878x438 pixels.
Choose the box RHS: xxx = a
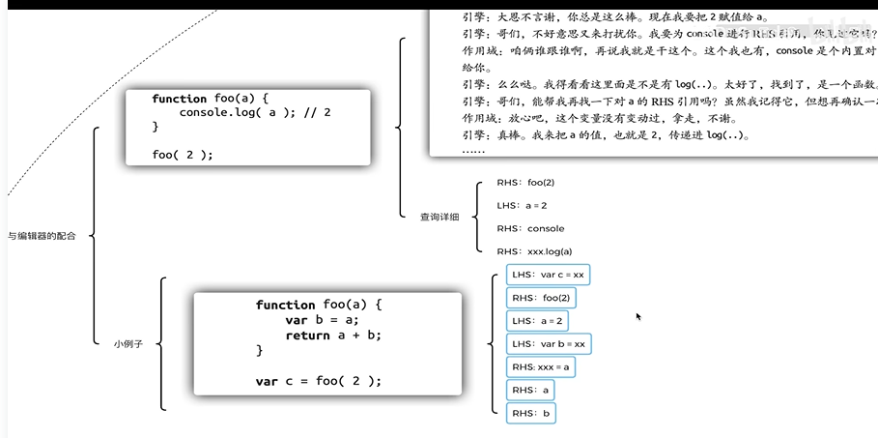[541, 366]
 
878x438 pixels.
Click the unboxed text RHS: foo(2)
[525, 182]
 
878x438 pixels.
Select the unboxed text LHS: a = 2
[523, 205]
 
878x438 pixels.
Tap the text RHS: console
[530, 228]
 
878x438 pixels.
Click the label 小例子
[127, 343]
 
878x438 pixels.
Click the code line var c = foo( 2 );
[319, 381]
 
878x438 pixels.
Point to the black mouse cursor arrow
[637, 315]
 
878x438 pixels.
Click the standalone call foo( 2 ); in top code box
[183, 155]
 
